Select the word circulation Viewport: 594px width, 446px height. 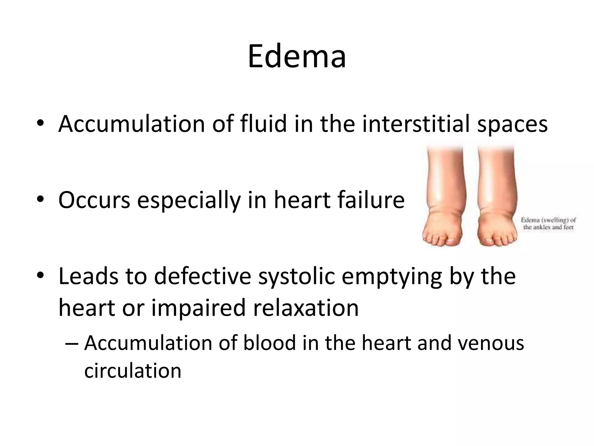(133, 371)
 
